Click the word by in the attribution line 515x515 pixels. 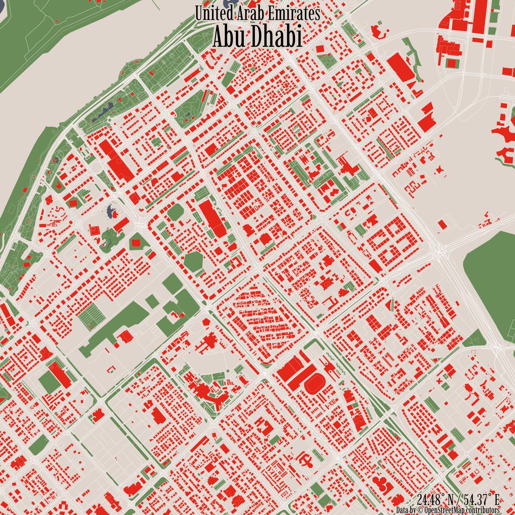point(414,510)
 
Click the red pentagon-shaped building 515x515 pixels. point(208,322)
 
